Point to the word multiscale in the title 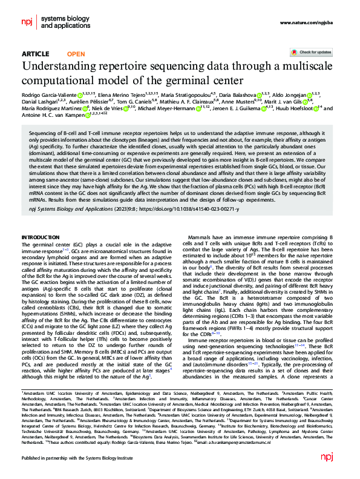coord(298,67)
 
